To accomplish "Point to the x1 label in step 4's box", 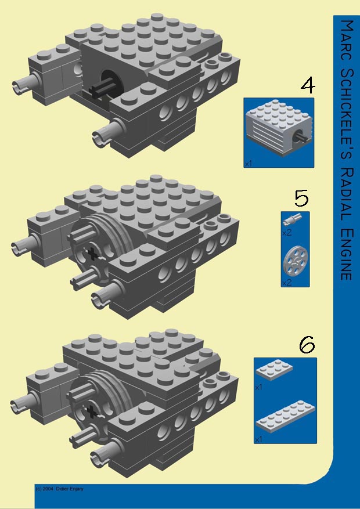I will point(249,164).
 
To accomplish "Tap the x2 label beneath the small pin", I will point(286,233).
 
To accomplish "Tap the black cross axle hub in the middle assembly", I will point(91,253).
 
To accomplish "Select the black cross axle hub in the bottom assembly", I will point(91,411).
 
